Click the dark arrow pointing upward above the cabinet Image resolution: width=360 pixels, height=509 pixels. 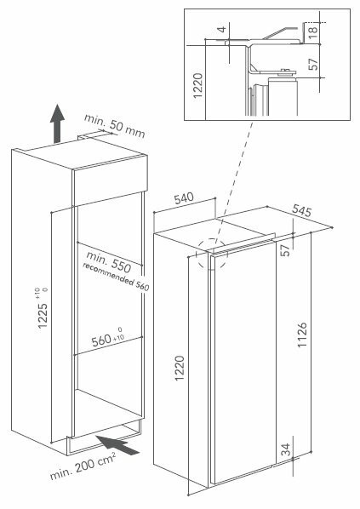coord(57,123)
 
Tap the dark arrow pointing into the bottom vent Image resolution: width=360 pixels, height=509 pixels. coord(118,445)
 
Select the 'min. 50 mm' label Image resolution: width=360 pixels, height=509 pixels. coord(114,126)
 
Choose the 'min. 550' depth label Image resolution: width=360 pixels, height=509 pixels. coord(109,262)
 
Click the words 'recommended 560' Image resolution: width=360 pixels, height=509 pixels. coord(116,277)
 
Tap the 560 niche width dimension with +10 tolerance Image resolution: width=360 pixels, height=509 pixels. coord(108,340)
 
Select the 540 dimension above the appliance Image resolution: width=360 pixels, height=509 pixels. coord(184,198)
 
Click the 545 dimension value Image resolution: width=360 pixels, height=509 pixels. coord(301,210)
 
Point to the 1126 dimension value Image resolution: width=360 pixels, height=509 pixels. coord(302,335)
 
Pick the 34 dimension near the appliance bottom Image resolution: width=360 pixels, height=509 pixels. coord(285,449)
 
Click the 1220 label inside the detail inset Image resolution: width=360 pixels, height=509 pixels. coord(197,86)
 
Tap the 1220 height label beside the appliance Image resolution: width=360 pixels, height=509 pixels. coord(180,369)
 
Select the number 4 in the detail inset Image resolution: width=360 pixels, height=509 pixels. coord(222,30)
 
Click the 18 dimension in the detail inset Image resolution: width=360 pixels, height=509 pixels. coord(312,33)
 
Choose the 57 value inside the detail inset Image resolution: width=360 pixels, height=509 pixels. coord(313,65)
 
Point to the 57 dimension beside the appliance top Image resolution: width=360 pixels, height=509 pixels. coord(285,250)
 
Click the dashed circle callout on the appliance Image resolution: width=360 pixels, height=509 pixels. coord(212,254)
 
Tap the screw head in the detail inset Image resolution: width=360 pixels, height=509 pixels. coord(286,71)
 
